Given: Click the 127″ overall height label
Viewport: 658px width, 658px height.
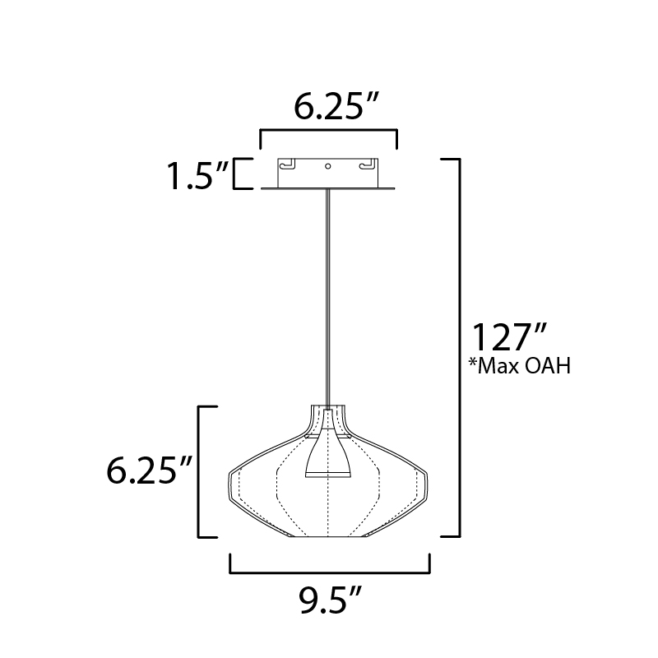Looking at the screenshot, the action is tap(509, 337).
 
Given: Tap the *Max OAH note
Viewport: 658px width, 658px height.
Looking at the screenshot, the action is tap(520, 366).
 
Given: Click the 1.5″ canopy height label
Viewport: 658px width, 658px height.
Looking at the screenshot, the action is tap(197, 176).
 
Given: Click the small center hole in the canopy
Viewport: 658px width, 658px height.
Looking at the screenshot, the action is tap(327, 166).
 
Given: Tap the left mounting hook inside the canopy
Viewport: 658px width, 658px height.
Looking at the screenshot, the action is tap(287, 164).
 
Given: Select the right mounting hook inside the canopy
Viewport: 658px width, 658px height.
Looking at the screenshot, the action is tap(368, 164).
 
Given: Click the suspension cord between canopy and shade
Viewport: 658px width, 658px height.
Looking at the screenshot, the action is tap(327, 297).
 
